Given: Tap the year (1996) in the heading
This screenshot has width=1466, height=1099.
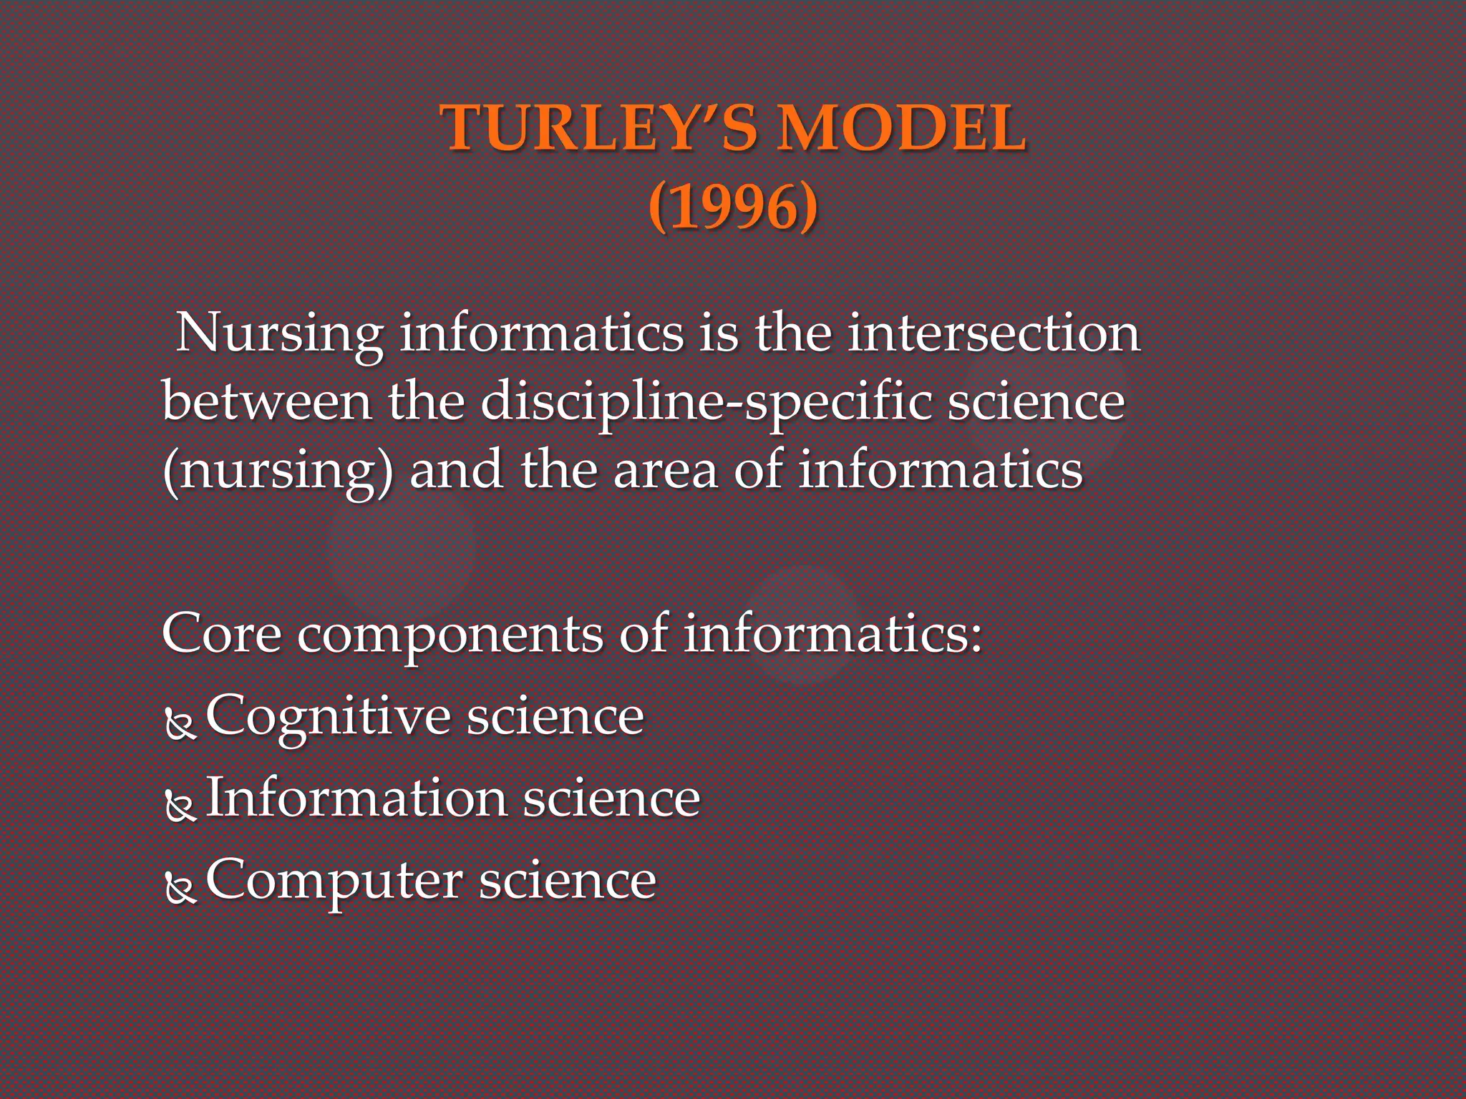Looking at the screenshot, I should (x=733, y=207).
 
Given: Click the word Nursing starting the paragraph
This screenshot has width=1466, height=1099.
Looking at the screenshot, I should (x=279, y=334).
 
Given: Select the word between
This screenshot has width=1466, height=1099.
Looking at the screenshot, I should (x=267, y=401).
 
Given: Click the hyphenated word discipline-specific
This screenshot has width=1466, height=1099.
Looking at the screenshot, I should (x=706, y=402).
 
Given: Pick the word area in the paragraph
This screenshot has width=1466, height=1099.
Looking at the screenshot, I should (x=666, y=471).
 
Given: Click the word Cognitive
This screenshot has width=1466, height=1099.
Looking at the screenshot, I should (x=327, y=717).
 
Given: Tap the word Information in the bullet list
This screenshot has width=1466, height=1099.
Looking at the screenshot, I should (x=356, y=798).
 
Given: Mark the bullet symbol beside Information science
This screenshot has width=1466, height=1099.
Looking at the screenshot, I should (x=180, y=806).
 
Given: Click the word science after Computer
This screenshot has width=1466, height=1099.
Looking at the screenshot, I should (x=567, y=880).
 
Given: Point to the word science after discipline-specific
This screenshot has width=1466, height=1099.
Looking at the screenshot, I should (x=1036, y=401).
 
